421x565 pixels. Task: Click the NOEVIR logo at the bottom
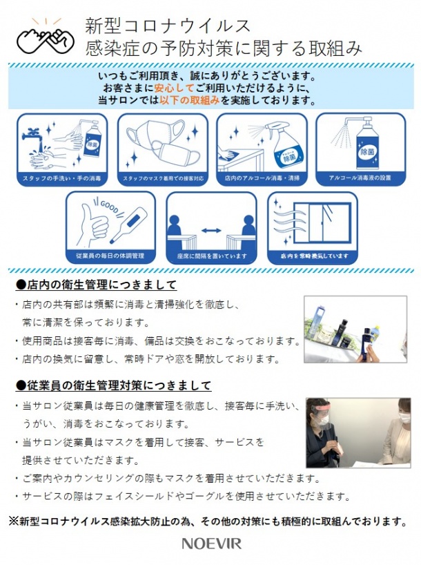(x=212, y=544)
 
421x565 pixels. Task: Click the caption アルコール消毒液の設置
(x=360, y=179)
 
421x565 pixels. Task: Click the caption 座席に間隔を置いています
(x=211, y=256)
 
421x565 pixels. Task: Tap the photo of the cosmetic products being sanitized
(x=355, y=329)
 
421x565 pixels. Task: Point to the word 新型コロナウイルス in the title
(x=168, y=26)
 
